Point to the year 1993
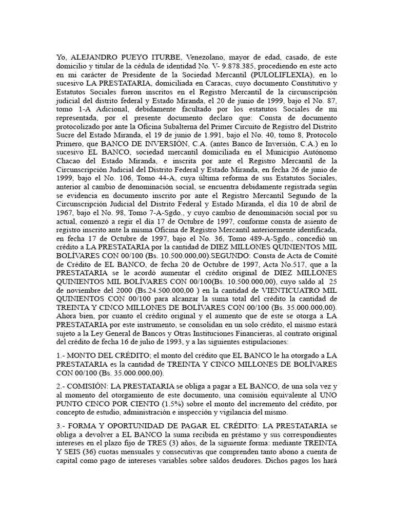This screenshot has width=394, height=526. tap(157, 340)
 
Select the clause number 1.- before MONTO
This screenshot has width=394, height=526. tap(62, 355)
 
